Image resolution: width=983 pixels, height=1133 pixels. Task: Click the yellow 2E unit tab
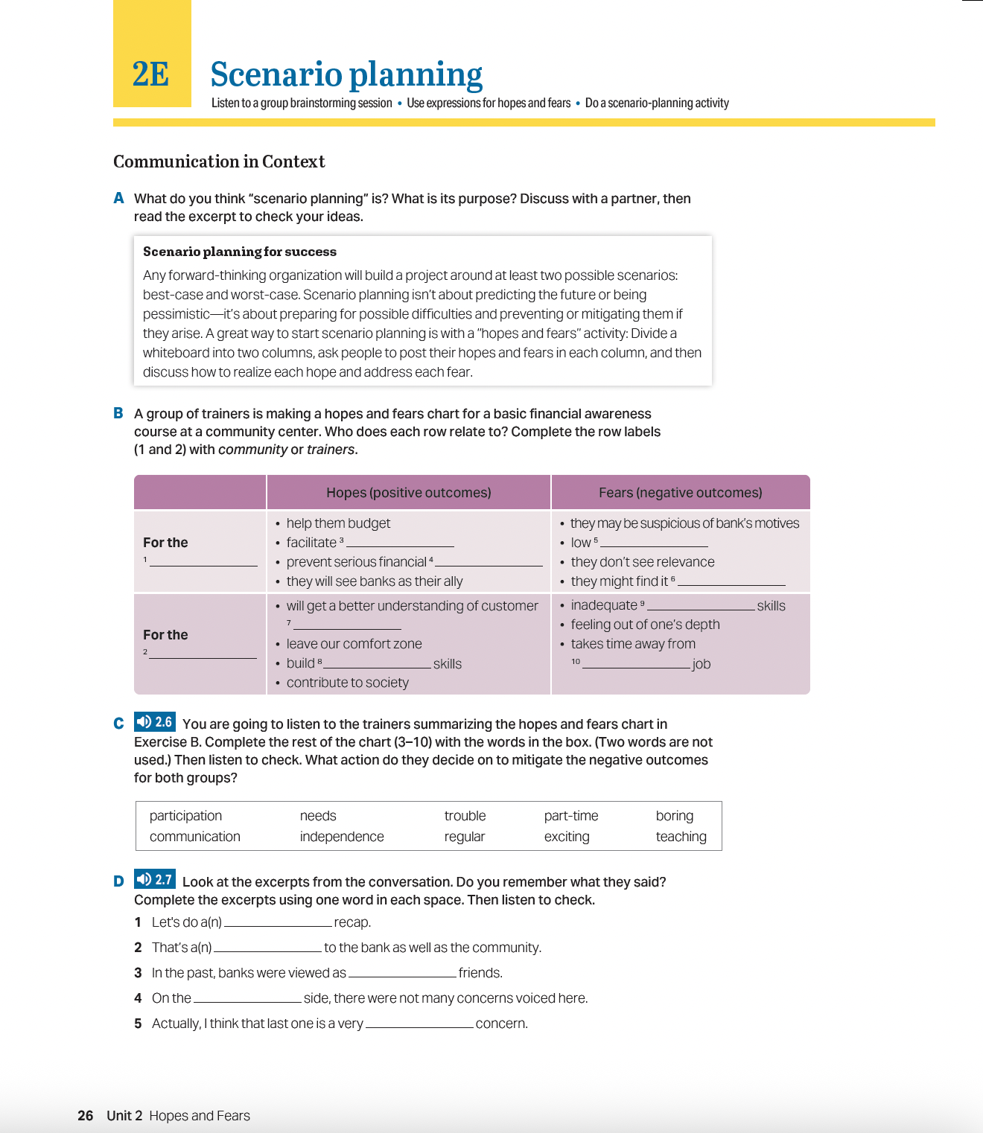(x=152, y=73)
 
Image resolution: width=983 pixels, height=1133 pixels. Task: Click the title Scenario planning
(x=346, y=74)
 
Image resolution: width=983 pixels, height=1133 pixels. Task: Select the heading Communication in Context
(x=219, y=162)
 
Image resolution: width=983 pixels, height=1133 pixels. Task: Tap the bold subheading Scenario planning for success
(x=240, y=252)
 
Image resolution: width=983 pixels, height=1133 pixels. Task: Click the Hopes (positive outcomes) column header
(x=408, y=493)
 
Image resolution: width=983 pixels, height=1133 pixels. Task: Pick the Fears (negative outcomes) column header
(x=680, y=493)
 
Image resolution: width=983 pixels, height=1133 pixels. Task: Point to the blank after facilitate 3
(x=400, y=543)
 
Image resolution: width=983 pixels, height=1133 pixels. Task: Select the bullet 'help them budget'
(x=338, y=523)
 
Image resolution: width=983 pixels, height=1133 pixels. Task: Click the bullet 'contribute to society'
(x=347, y=683)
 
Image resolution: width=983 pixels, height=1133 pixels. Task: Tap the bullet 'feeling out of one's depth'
(x=645, y=625)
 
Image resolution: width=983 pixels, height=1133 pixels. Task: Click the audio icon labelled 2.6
(x=154, y=722)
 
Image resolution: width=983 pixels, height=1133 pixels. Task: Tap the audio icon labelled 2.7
(x=154, y=880)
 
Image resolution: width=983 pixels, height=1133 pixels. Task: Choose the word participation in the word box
(x=185, y=816)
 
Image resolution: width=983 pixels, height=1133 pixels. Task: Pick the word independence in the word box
(x=342, y=837)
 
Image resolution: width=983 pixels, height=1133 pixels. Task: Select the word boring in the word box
(x=674, y=816)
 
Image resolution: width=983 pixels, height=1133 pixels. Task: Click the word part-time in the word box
(x=571, y=816)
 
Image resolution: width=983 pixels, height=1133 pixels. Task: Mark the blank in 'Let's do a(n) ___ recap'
(x=278, y=922)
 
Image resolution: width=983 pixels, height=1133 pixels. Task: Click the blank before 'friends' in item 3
(x=402, y=972)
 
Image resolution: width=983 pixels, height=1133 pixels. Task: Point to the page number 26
(x=86, y=1115)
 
